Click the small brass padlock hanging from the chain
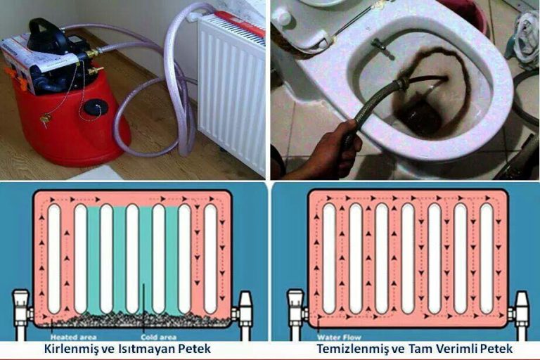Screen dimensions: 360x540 (x=45, y=120)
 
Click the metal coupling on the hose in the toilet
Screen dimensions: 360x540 (x=402, y=84)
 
